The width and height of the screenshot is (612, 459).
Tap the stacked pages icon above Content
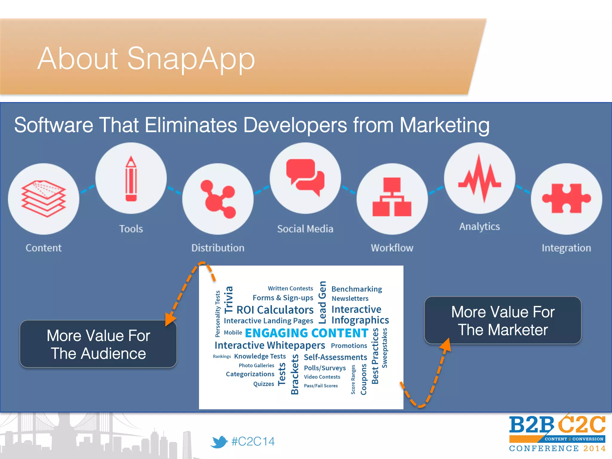point(44,198)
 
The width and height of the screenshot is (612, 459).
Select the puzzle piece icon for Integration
point(566,198)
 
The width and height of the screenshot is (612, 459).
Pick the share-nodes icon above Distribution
point(218,199)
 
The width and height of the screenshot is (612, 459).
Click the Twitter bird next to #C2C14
point(219,442)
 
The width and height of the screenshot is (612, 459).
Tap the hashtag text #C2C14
point(253,441)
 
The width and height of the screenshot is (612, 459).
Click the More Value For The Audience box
point(98,344)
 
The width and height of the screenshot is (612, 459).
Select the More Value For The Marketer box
point(503,321)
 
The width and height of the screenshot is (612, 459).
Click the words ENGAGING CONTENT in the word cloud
point(306,333)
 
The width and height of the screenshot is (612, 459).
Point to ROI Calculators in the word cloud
point(275,310)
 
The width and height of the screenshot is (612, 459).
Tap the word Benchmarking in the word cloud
point(357,289)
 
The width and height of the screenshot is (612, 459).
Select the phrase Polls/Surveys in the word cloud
point(325,368)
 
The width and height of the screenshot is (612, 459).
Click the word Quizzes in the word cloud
point(264,384)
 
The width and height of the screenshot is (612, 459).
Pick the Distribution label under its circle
point(218,248)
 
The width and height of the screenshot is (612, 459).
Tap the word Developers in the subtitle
point(295,125)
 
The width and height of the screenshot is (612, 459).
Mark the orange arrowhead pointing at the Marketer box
point(446,345)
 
